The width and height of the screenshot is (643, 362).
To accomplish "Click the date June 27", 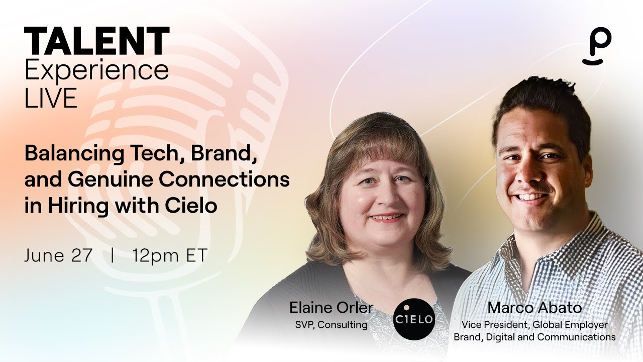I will [58, 255].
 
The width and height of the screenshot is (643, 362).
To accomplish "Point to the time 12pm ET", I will [170, 255].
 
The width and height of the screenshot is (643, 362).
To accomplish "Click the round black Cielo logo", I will [414, 319].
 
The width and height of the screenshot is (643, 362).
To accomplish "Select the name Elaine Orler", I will [331, 308].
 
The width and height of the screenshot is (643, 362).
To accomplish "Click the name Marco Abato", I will [534, 308].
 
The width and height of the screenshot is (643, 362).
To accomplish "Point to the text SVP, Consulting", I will [331, 325].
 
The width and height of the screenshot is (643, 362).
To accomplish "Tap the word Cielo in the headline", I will [193, 206].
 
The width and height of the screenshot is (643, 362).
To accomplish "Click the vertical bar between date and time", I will [113, 255].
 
